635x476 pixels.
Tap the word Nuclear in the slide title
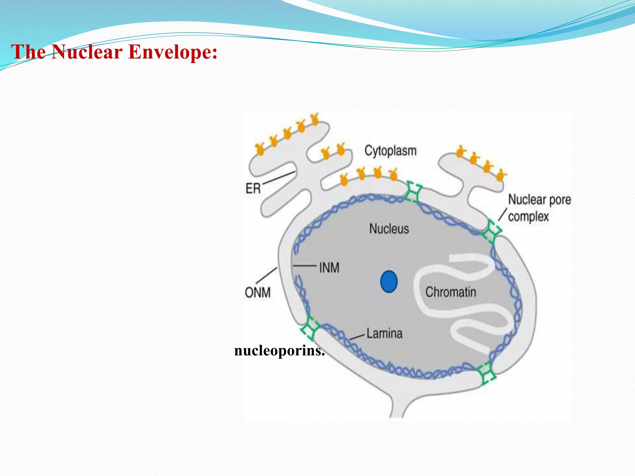[87, 52]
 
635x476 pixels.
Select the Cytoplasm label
[390, 151]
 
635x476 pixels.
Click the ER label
[253, 188]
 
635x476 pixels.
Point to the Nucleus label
[389, 229]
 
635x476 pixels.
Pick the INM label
[329, 268]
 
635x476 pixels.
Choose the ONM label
[258, 293]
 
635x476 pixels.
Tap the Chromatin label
[451, 292]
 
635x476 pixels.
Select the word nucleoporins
[279, 351]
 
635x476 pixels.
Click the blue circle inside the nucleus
[389, 282]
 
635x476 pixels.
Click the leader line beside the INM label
[304, 266]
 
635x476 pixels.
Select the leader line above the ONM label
[266, 275]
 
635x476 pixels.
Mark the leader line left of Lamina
[357, 337]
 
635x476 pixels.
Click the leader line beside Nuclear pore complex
[503, 214]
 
